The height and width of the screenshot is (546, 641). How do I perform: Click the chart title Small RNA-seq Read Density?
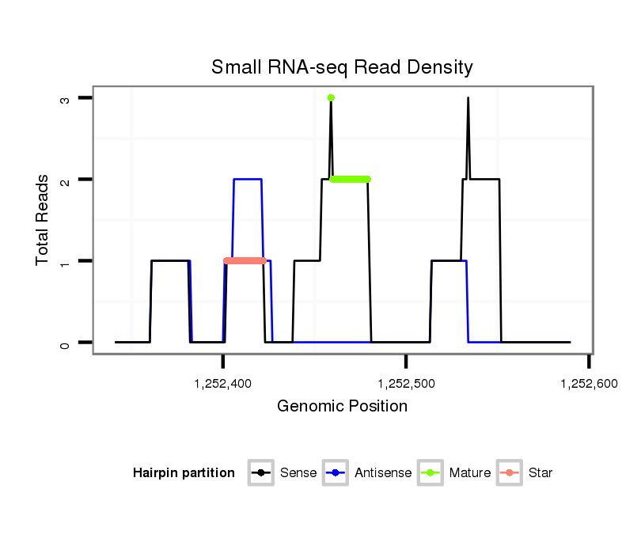point(342,67)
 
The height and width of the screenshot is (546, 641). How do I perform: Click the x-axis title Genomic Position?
point(342,407)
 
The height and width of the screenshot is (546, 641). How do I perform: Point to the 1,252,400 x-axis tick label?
point(222,384)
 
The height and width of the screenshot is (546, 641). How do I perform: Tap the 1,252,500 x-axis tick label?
point(405,384)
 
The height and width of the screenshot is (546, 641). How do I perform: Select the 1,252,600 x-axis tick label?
point(588,384)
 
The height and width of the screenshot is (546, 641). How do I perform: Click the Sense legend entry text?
point(298,473)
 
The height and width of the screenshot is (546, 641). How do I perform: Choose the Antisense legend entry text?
point(383,473)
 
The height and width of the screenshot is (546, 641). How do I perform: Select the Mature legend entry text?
point(470,473)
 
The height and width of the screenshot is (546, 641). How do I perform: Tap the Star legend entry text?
point(540,473)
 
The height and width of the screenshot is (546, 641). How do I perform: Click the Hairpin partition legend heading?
point(184,473)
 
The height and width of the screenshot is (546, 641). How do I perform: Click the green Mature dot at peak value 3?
point(331,97)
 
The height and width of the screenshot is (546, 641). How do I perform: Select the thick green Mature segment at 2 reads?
point(350,180)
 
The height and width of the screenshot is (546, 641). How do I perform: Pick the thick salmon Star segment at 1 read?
point(245,261)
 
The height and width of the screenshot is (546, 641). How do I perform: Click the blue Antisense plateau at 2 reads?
point(248,180)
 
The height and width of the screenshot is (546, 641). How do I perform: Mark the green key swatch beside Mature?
point(430,473)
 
